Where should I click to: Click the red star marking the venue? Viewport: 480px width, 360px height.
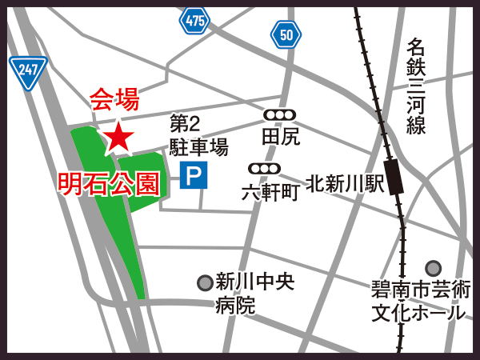(x=118, y=138)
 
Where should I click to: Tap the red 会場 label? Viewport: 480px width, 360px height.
(x=114, y=99)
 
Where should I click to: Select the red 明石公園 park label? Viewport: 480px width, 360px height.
(x=108, y=183)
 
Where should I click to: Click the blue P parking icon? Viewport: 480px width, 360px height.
(x=193, y=175)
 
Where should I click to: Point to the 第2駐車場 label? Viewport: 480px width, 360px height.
(x=198, y=135)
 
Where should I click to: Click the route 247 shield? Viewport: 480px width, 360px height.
(x=28, y=71)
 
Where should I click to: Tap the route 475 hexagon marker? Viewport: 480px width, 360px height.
(x=194, y=21)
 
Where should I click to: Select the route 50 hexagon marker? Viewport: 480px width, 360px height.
(x=286, y=34)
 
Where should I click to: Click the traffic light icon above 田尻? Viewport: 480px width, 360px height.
(x=280, y=115)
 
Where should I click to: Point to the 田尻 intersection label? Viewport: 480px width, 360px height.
(x=280, y=137)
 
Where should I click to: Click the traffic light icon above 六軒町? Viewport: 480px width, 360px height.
(x=264, y=169)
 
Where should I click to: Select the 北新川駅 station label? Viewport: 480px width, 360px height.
(x=346, y=183)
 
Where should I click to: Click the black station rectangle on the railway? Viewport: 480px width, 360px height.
(x=394, y=176)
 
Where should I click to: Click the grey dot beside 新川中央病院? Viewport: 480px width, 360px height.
(x=205, y=282)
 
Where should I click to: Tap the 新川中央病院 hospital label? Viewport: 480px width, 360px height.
(x=254, y=293)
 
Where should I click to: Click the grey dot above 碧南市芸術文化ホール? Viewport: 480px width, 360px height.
(x=433, y=268)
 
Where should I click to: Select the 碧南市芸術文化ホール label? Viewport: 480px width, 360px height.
(x=420, y=300)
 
